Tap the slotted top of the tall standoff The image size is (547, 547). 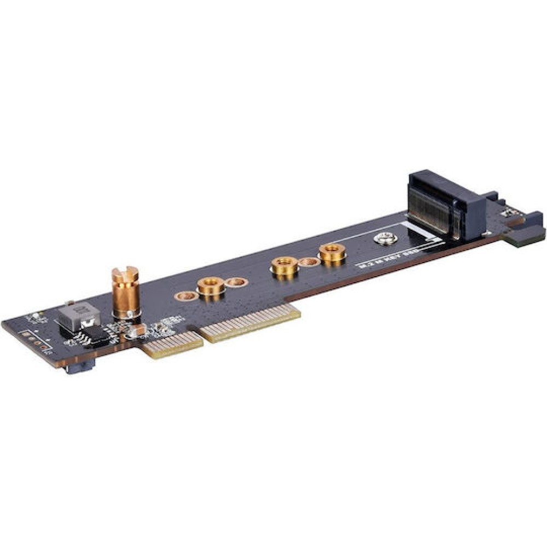(125, 272)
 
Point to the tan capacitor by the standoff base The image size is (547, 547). (137, 330)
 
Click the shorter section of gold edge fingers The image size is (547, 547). (172, 345)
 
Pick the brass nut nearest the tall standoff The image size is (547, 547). (211, 287)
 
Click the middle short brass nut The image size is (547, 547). (284, 266)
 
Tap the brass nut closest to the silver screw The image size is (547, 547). (331, 253)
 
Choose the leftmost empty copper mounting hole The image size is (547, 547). (185, 296)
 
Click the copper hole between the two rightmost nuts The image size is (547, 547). (309, 262)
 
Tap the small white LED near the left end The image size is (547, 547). (36, 316)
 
